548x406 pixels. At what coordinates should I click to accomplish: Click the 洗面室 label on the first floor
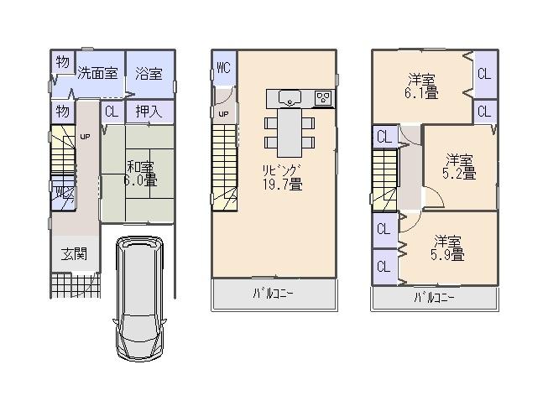[x=98, y=73]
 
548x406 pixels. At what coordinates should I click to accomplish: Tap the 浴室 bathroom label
[x=149, y=73]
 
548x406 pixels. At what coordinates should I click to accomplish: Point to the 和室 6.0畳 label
[x=138, y=173]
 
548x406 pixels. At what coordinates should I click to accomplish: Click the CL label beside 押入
[x=112, y=111]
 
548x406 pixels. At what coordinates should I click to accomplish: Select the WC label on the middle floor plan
[x=223, y=69]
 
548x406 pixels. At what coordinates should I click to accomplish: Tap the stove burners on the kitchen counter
[x=324, y=98]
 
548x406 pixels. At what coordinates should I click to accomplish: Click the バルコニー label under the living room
[x=274, y=294]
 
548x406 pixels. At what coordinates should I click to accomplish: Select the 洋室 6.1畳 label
[x=423, y=86]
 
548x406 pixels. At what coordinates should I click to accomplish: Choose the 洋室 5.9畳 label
[x=447, y=248]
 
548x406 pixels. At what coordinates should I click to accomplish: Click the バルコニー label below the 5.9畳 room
[x=435, y=298]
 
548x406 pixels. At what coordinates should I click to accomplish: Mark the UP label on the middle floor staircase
[x=223, y=114]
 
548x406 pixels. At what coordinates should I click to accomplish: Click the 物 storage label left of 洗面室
[x=62, y=63]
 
